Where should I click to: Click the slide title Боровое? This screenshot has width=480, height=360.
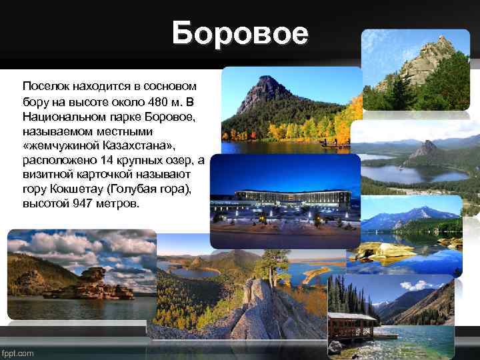click(x=240, y=33)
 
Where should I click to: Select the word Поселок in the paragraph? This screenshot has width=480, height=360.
click(x=44, y=87)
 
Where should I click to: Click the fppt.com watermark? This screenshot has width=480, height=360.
click(x=18, y=353)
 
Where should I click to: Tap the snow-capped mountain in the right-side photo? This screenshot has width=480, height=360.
click(x=413, y=216)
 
